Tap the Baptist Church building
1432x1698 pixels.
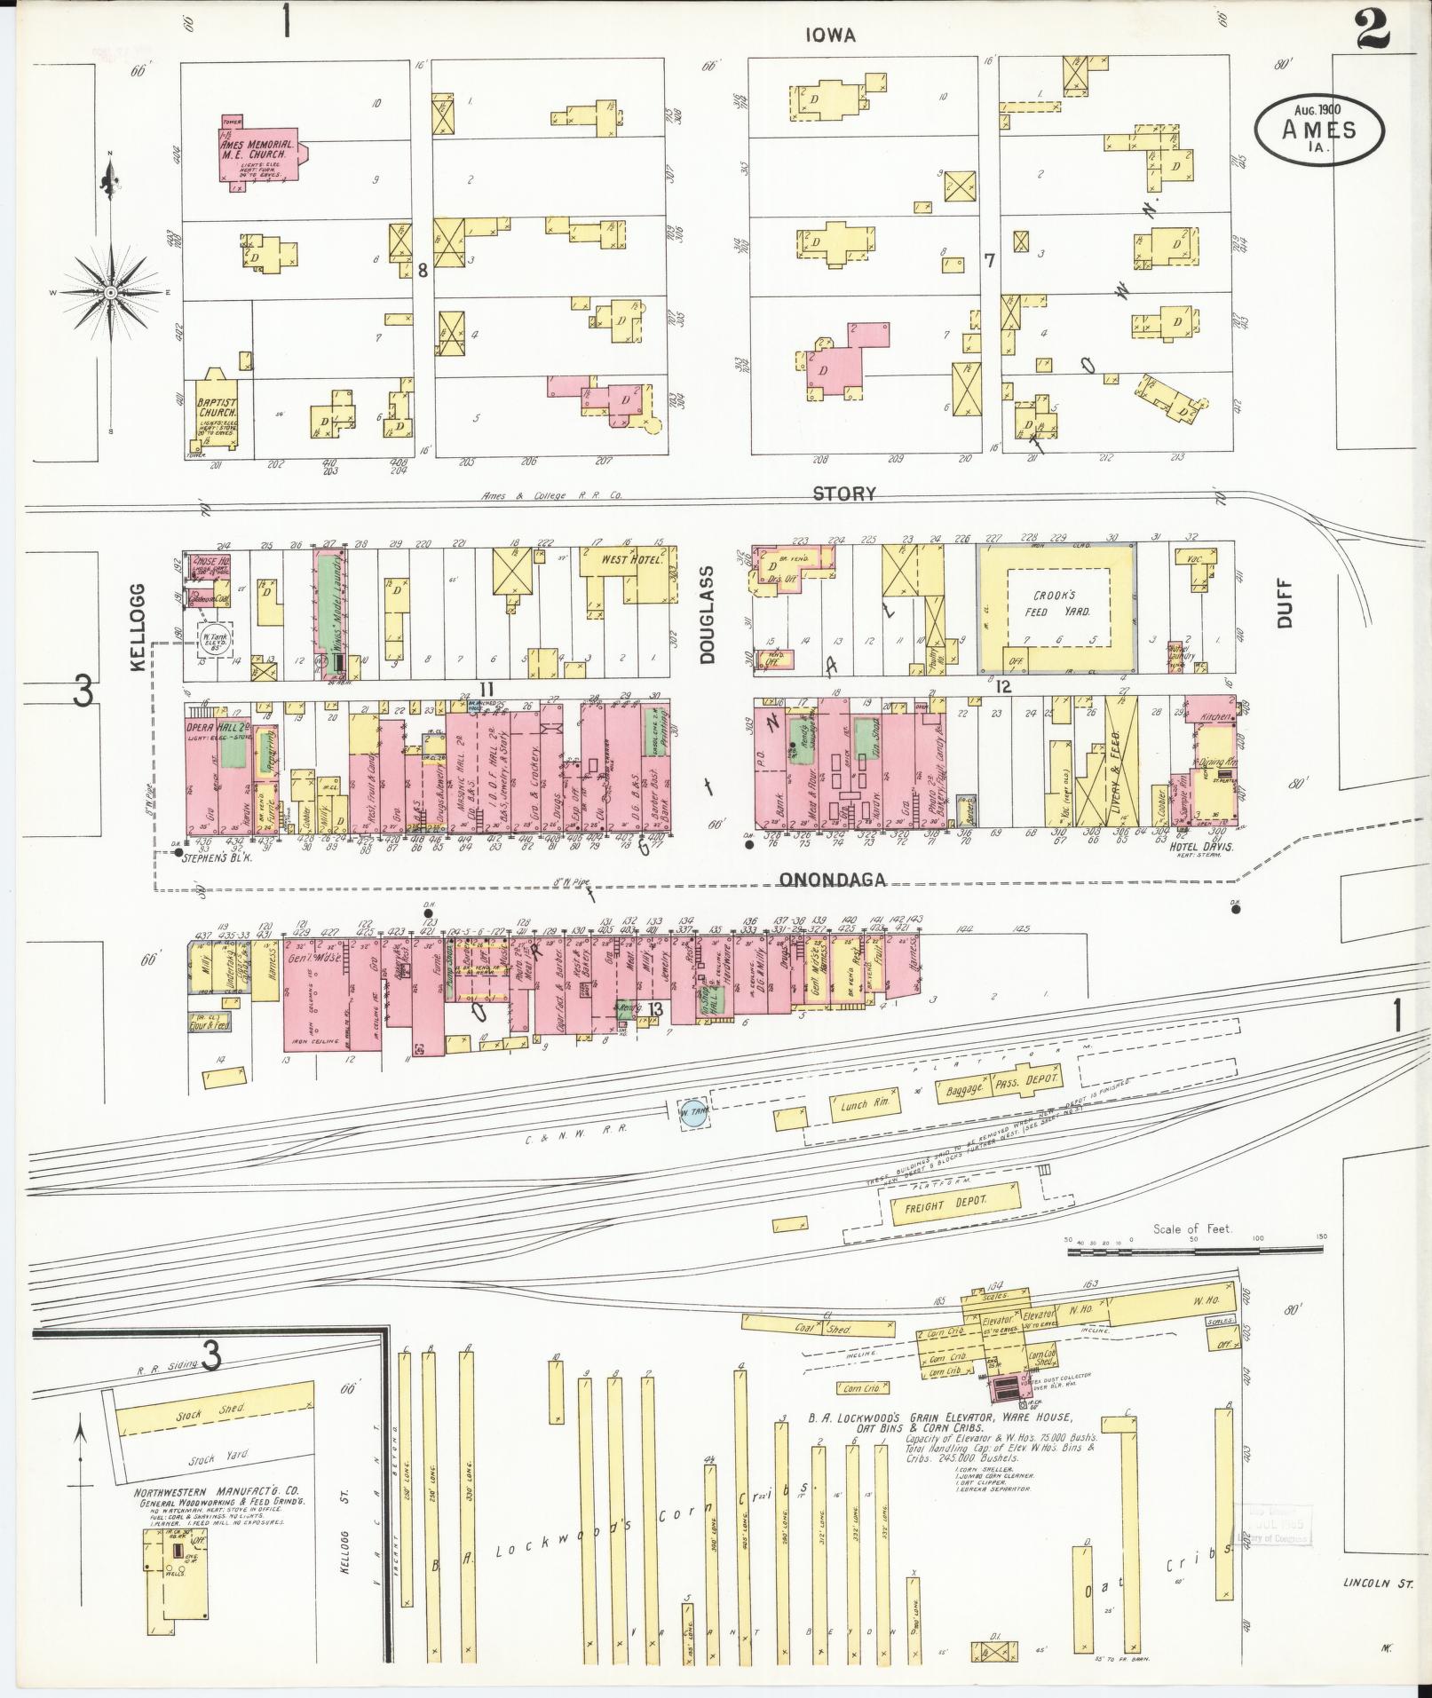point(217,411)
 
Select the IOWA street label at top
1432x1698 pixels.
point(830,36)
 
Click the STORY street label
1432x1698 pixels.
point(844,494)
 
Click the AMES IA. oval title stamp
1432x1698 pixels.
point(1318,130)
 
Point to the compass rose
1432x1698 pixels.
point(111,292)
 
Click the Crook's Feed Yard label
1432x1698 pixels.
point(1055,603)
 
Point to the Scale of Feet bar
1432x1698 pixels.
point(1195,1249)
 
